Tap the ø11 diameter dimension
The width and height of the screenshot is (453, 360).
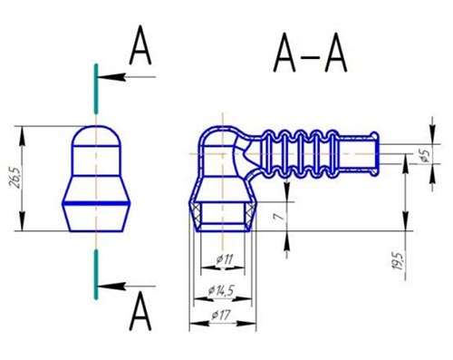pos(225,259)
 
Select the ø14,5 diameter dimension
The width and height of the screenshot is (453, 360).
pos(221,291)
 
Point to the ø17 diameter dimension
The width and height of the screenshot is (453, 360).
pos(221,316)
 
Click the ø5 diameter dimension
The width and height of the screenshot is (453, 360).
pos(425,154)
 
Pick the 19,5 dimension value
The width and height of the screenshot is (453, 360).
pos(398,261)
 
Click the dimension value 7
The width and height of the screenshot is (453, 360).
pos(278,216)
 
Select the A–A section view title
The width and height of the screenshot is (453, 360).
pos(310,53)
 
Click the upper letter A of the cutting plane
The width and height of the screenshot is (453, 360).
pos(140,45)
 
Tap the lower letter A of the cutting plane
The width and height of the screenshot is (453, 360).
pos(140,311)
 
